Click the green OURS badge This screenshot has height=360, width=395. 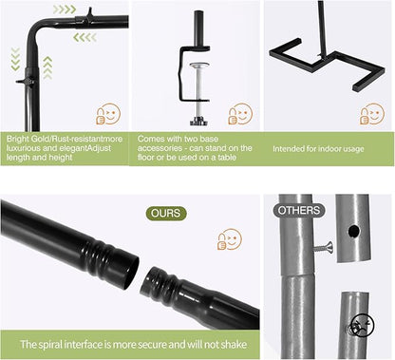coord(166,214)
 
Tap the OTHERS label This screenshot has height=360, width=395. coord(299,210)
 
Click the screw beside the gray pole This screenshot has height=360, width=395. coord(324,247)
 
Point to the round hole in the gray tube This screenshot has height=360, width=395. coord(354,232)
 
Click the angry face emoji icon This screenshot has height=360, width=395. coord(362,325)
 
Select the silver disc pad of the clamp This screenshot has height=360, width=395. coord(199,66)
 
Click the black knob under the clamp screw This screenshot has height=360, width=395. coord(198,121)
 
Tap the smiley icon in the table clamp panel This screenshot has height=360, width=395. coord(240,114)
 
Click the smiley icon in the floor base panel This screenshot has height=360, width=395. coord(372,114)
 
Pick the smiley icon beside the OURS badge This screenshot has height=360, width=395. coord(230,239)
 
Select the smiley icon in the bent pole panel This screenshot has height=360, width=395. coord(108,114)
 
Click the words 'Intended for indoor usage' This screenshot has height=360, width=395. coord(318,149)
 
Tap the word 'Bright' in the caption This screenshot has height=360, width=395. coord(18,139)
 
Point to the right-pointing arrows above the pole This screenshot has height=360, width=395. coord(65,9)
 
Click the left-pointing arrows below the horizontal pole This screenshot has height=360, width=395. coord(85,38)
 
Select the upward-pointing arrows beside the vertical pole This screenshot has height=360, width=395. coord(47,67)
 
